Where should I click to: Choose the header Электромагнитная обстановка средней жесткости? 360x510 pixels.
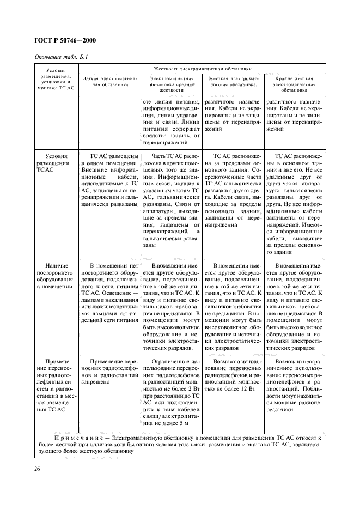[172, 84]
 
